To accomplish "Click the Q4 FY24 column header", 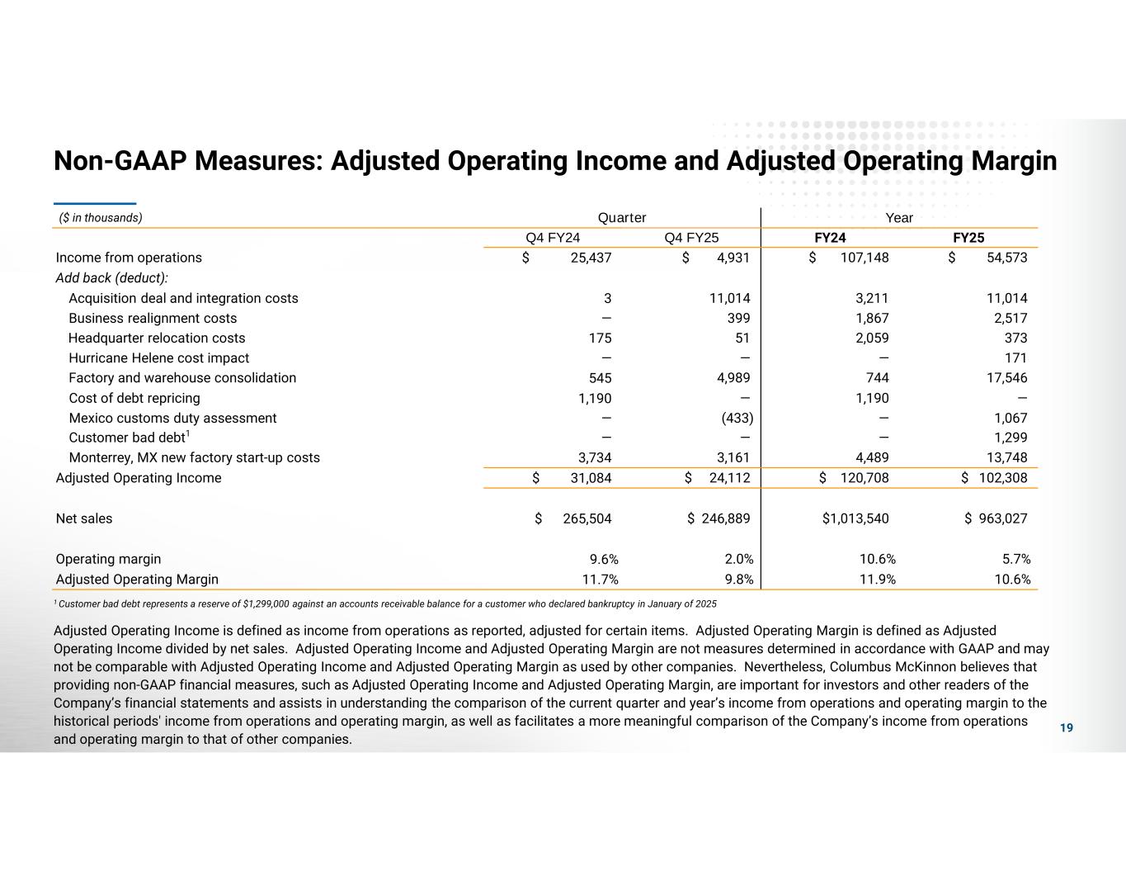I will (553, 238).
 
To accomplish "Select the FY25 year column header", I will (968, 238).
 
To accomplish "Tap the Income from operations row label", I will (129, 258).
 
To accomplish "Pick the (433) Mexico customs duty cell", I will (737, 418).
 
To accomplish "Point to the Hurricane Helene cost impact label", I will (158, 358).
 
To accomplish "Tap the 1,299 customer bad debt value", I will (1011, 438).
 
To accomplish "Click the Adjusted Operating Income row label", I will (139, 478).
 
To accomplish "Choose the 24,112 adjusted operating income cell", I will (726, 478).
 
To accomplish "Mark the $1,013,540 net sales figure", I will (855, 518).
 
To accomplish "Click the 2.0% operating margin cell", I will (737, 559).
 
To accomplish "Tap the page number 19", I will (1067, 727).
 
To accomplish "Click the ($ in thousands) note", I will (101, 218).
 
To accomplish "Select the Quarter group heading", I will (622, 218).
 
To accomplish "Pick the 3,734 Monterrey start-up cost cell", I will (591, 458).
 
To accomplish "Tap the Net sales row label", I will (84, 518).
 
